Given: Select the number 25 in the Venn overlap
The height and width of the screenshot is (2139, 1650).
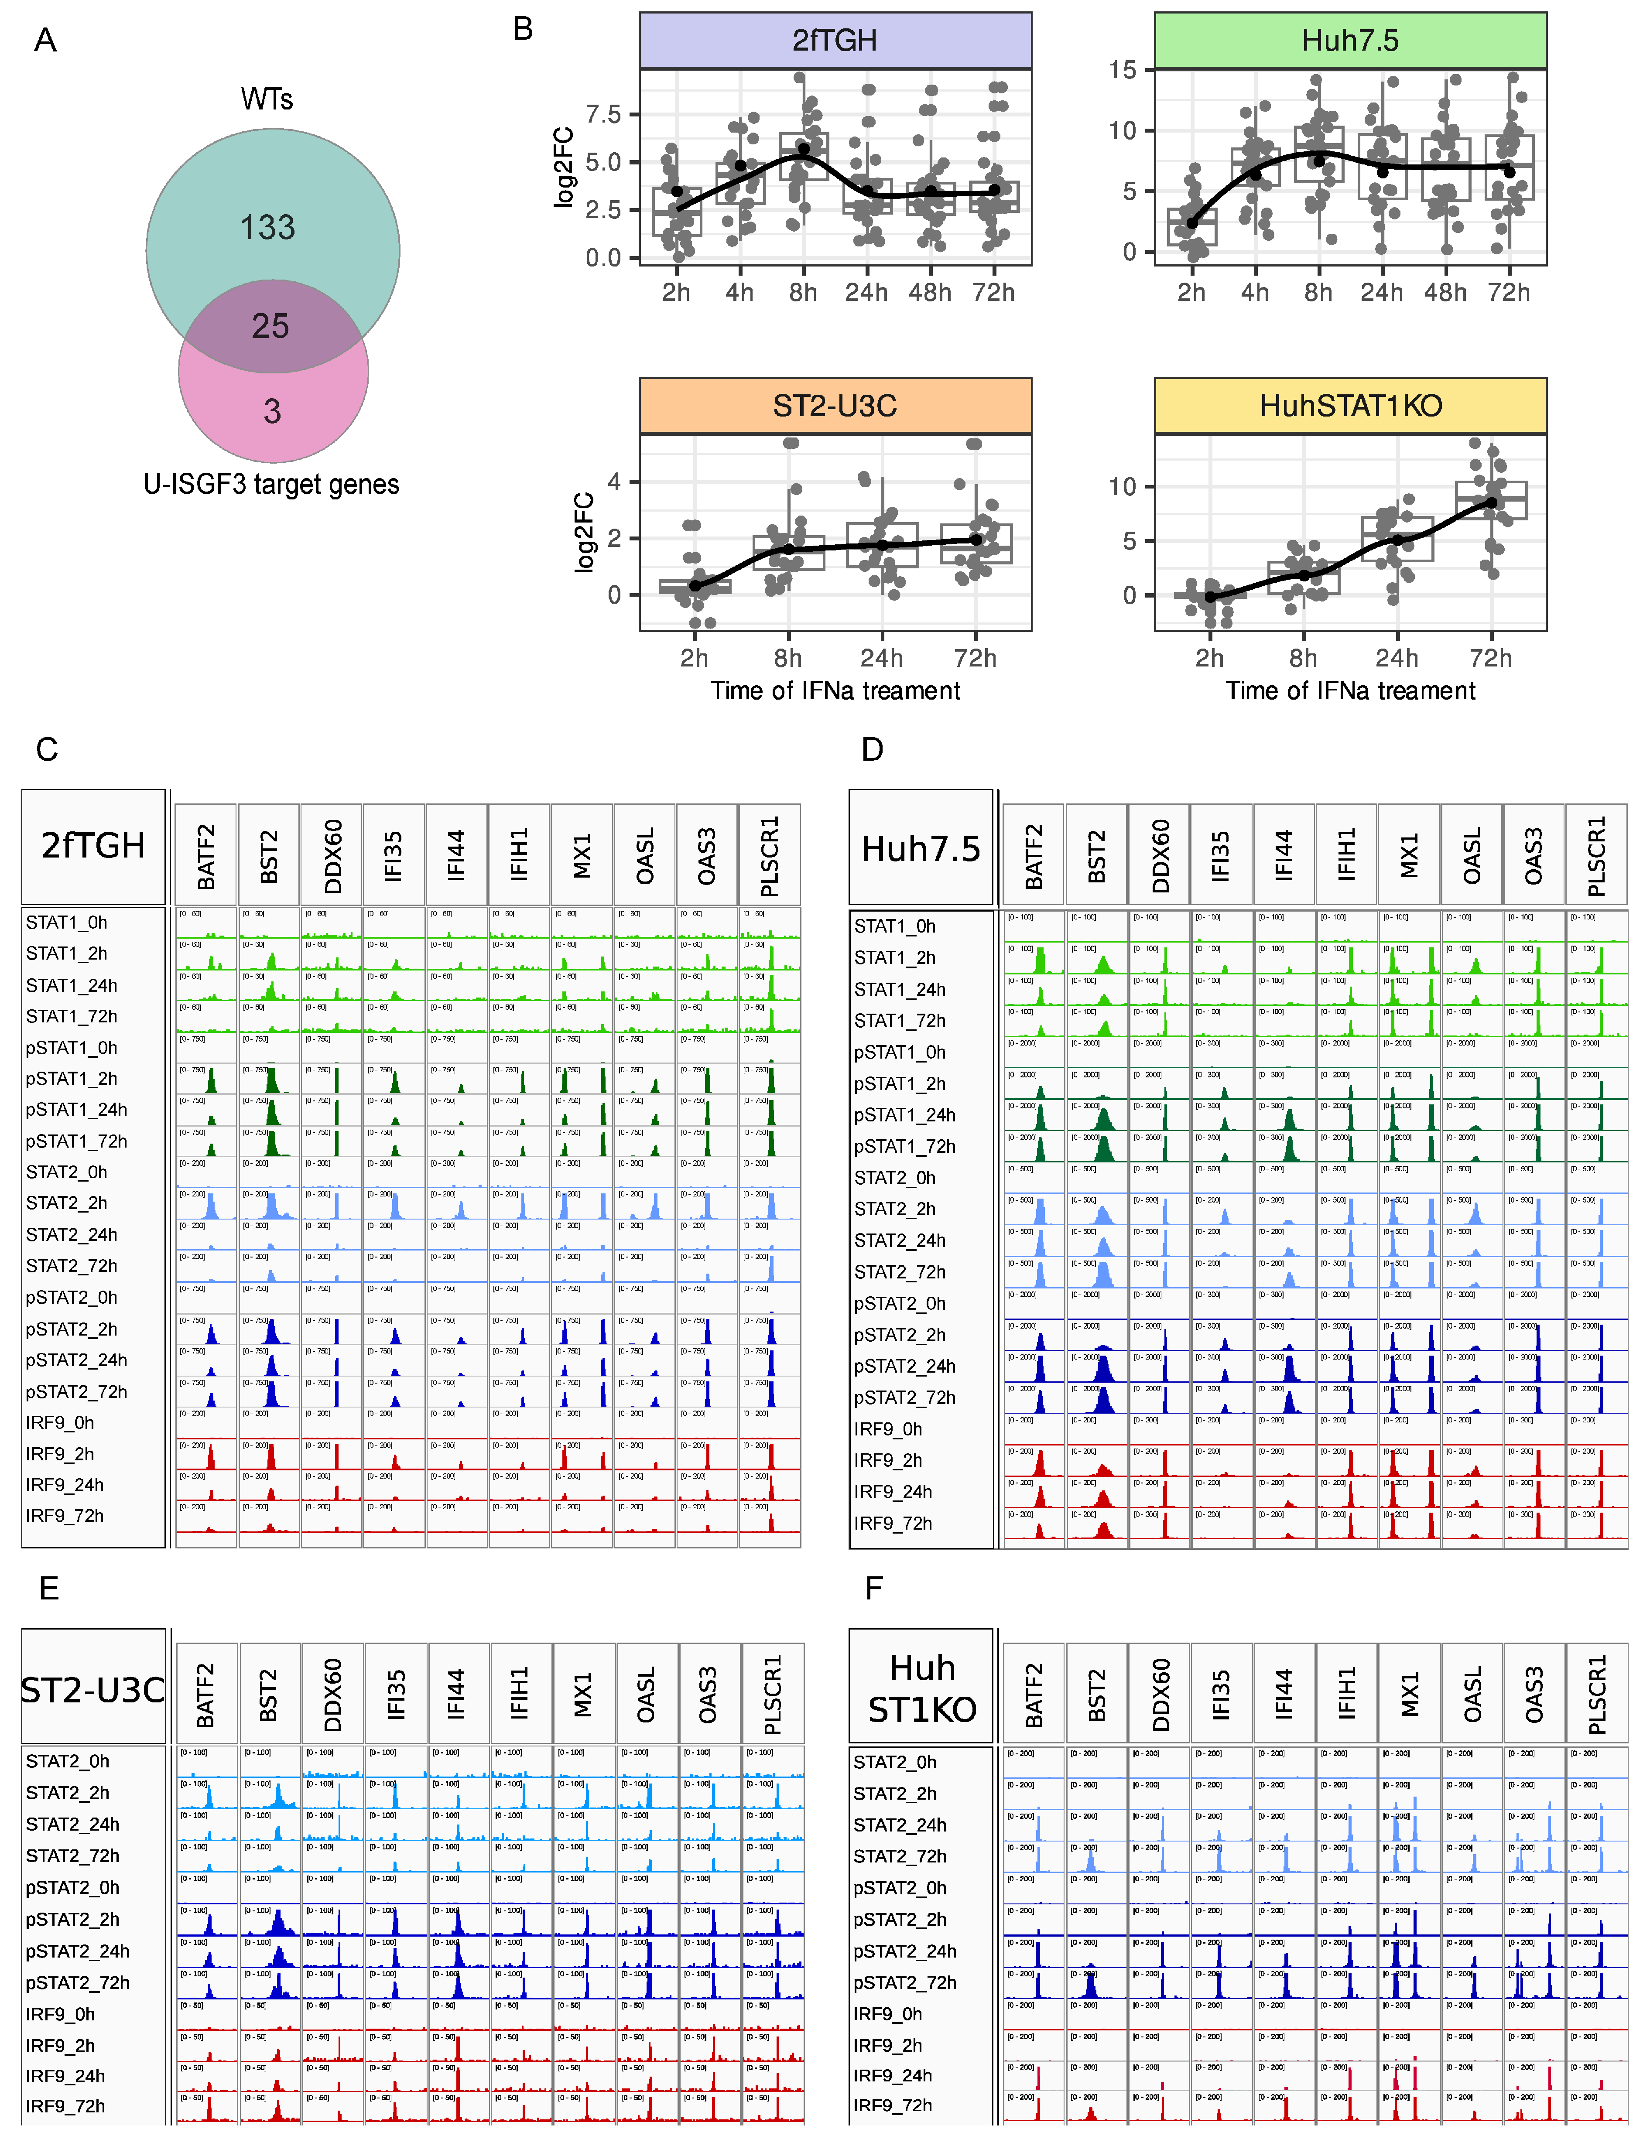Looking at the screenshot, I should [270, 326].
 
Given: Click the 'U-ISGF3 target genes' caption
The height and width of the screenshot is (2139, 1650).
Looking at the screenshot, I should [271, 485].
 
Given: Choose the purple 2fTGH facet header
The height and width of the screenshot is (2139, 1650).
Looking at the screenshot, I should [835, 40].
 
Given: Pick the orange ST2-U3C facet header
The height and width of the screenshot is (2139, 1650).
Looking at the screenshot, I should [835, 406].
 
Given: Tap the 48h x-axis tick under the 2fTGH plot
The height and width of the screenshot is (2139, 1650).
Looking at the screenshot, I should [930, 293].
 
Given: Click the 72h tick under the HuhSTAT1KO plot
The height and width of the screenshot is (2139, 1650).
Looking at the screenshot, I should [1490, 658].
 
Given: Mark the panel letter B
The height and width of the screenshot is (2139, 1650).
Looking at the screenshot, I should [523, 29].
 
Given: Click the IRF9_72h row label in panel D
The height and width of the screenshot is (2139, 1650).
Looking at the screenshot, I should [893, 1523].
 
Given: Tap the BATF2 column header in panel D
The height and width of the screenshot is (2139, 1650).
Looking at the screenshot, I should [1034, 856].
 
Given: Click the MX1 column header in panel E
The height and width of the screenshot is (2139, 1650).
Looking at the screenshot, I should [583, 1695].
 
